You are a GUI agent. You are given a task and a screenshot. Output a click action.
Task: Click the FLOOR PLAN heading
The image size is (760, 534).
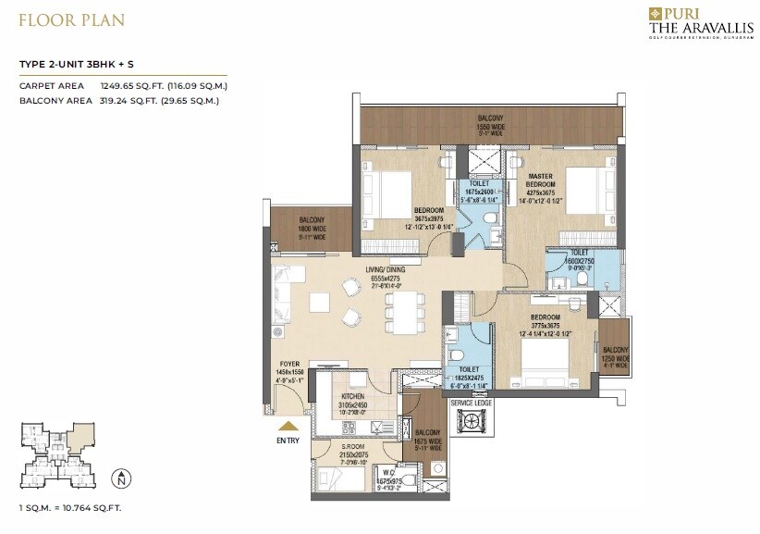point(72,19)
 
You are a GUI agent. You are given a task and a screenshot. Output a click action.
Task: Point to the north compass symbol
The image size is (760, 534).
point(119,478)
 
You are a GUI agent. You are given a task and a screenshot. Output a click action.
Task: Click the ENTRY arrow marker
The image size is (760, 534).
point(288,427)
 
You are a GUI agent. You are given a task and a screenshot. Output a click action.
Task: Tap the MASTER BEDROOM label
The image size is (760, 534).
point(540,180)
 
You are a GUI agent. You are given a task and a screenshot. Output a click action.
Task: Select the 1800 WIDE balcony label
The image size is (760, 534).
point(311,227)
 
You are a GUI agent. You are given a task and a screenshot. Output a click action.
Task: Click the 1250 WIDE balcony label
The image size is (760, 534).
point(615,355)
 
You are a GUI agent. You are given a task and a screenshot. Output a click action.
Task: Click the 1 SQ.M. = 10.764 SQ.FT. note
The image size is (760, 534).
point(71,508)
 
